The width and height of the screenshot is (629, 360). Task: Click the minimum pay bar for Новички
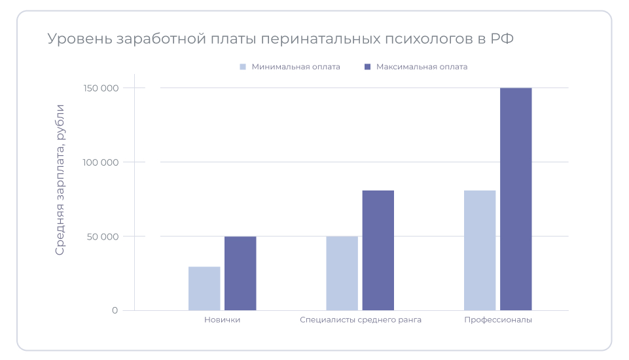click(x=204, y=289)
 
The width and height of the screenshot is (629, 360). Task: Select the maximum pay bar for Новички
click(x=240, y=274)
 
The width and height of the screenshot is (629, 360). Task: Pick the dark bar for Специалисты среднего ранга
click(x=378, y=251)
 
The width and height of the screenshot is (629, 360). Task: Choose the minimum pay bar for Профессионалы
click(x=480, y=251)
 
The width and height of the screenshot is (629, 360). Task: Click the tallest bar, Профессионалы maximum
click(x=516, y=199)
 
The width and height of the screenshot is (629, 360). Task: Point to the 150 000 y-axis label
click(x=101, y=88)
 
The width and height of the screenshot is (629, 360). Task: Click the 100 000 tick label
click(x=101, y=162)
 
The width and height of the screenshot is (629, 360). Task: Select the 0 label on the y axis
click(x=115, y=310)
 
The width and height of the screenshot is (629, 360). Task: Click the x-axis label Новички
click(x=222, y=320)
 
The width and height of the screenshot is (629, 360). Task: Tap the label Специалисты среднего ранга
click(x=361, y=320)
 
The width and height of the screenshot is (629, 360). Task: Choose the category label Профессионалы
click(x=498, y=320)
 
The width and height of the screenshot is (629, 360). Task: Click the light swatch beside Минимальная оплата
click(x=243, y=67)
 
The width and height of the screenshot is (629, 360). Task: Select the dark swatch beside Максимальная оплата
click(x=367, y=67)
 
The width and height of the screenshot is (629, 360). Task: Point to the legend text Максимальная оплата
click(x=422, y=67)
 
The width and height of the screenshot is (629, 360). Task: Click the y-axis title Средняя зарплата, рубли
click(x=60, y=179)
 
